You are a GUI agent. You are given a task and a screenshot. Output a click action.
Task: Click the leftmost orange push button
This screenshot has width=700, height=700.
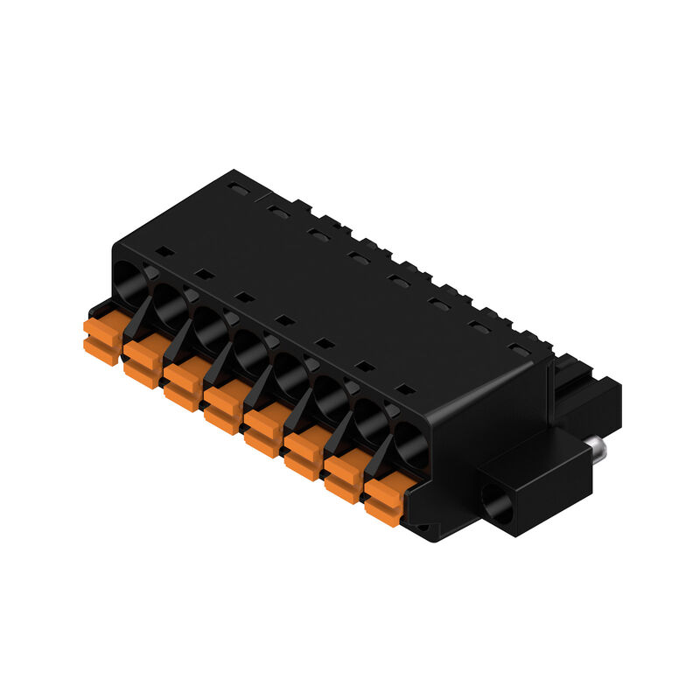click(101, 340)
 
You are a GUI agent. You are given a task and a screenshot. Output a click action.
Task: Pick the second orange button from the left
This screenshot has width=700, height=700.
click(143, 363)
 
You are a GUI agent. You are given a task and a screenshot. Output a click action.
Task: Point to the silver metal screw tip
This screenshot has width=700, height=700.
click(599, 451)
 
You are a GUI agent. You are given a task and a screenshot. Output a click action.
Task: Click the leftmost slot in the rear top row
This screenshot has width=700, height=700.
click(234, 187)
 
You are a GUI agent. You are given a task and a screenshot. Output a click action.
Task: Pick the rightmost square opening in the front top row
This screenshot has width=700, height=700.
click(403, 388)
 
